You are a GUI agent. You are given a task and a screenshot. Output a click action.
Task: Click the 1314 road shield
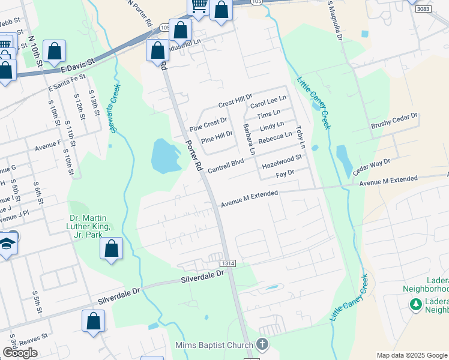228,263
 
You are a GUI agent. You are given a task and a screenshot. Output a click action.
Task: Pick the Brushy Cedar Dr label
394,121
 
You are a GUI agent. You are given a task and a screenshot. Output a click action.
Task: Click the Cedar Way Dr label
372,166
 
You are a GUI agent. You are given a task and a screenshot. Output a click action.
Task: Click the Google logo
20,353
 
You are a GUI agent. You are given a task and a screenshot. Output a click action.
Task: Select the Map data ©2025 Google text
412,355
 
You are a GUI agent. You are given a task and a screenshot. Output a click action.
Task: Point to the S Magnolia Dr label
335,20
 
